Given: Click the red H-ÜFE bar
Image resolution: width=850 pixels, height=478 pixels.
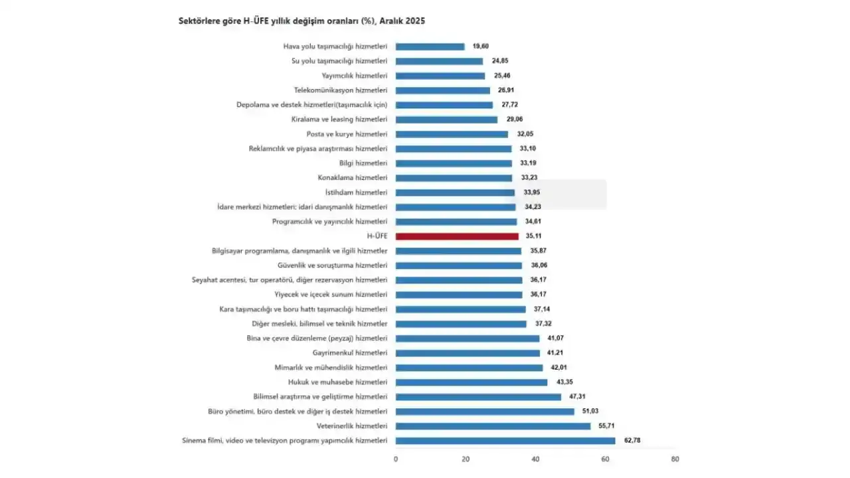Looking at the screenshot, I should [457, 236].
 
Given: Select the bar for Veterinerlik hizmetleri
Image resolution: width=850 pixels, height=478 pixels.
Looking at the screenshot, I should [493, 426].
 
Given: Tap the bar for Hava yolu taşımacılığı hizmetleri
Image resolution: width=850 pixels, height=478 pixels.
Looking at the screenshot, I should [430, 46].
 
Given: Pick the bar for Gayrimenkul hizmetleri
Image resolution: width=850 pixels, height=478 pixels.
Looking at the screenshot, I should [467, 353].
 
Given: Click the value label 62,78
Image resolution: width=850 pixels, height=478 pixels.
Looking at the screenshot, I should [632, 441].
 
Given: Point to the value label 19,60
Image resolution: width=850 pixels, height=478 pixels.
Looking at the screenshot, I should [481, 46].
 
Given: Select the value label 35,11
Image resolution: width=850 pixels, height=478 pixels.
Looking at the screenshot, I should [535, 236].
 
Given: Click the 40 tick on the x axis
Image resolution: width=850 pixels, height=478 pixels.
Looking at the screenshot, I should [535, 459].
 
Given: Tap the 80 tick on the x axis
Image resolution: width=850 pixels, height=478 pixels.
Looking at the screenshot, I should [675, 459].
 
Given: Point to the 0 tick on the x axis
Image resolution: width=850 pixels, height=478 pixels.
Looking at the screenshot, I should [396, 459].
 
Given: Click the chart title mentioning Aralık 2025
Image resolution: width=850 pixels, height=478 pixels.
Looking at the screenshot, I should [302, 21].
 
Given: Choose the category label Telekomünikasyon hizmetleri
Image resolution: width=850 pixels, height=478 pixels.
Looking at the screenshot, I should [340, 90].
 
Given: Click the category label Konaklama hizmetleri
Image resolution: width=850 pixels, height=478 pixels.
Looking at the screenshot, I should [353, 178].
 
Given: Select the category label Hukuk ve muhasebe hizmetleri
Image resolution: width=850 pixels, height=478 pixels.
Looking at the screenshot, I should [337, 382].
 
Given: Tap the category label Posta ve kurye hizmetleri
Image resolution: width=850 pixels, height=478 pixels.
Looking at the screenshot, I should [347, 134].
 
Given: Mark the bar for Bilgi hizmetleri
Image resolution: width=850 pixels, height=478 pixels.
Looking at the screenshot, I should [454, 163].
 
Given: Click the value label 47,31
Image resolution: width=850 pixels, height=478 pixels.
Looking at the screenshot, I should [578, 397].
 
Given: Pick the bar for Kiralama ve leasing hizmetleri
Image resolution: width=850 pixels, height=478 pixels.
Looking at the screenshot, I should [446, 119].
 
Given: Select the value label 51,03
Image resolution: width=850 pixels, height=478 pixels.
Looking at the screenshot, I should [590, 412].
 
